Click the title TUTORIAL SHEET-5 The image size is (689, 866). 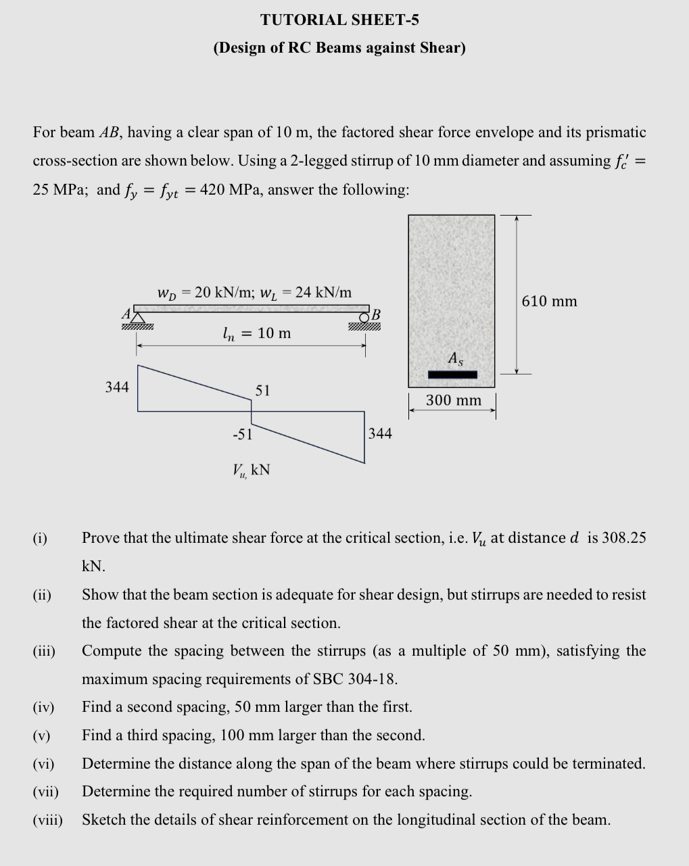339,20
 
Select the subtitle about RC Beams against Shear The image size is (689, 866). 339,48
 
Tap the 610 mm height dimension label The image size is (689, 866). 549,302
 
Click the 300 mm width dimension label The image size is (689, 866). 453,400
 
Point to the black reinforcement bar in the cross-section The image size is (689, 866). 452,375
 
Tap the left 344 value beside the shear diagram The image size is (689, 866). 117,387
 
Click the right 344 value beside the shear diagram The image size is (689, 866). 380,433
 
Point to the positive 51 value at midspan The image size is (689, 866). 263,390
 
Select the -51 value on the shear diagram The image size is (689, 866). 242,434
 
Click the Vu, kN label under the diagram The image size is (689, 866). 251,470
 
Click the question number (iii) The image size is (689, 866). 44,651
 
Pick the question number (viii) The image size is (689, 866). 47,820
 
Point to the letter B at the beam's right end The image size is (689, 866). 377,314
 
